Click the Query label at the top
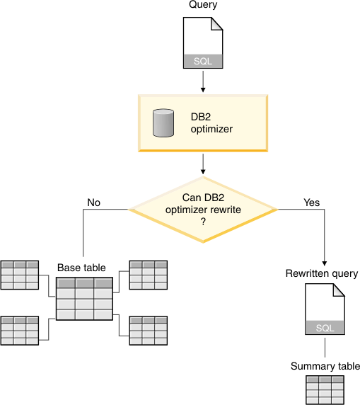pos(203,6)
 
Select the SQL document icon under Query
pos(203,43)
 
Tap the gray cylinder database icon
pos(163,123)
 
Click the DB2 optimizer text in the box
pos(211,123)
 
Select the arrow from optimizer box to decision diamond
pos(203,164)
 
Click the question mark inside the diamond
pos(203,222)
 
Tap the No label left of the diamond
pos(94,202)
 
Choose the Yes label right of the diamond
pos(311,202)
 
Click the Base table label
pos(81,268)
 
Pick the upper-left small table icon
pos(20,275)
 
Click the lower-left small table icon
pos(20,331)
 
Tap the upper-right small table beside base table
pos(149,275)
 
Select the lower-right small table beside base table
pos(149,331)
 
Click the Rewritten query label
pos(322,273)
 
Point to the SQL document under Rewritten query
pos(325,309)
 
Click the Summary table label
pos(325,366)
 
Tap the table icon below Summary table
pos(325,389)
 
